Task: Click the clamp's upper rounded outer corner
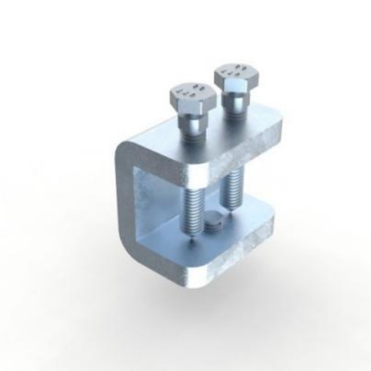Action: coord(125,148)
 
